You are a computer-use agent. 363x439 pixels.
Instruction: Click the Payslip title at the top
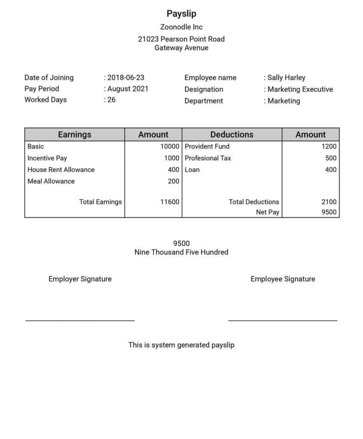[x=181, y=14]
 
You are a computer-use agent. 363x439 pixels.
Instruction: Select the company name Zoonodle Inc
[x=181, y=27]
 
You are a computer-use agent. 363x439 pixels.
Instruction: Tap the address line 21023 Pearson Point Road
[x=181, y=39]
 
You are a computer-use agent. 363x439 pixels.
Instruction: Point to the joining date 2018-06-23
[x=126, y=78]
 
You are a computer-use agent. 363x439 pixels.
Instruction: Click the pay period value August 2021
[x=128, y=89]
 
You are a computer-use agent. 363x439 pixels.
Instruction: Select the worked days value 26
[x=111, y=100]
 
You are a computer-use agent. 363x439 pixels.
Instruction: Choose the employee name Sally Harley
[x=286, y=78]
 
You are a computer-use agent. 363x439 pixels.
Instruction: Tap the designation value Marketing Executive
[x=300, y=89]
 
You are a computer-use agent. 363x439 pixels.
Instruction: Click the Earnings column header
[x=75, y=135]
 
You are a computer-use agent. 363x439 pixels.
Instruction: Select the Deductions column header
[x=232, y=135]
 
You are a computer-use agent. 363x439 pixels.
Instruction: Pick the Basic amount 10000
[x=170, y=147]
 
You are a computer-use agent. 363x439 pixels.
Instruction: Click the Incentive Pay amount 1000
[x=171, y=158]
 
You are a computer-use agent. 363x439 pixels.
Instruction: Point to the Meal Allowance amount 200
[x=174, y=181]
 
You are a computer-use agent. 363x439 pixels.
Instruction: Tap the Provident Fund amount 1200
[x=329, y=147]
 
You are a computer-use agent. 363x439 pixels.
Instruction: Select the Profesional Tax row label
[x=208, y=158]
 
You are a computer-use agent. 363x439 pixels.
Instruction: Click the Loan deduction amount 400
[x=331, y=170]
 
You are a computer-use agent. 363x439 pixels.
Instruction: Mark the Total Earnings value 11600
[x=170, y=202]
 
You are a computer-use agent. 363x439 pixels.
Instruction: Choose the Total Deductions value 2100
[x=329, y=202]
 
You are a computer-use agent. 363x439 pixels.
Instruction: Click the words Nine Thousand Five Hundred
[x=181, y=252]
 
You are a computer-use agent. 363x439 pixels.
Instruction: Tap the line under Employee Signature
[x=283, y=320]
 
